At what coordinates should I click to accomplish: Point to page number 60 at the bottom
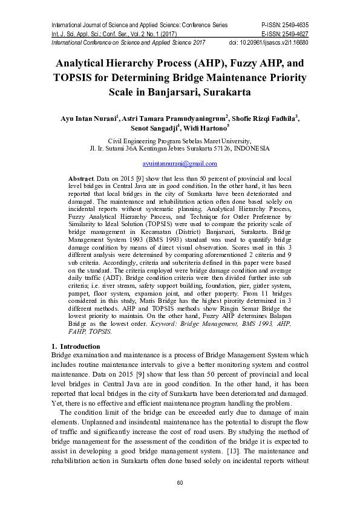coord(180,482)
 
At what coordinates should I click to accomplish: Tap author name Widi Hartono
coord(207,129)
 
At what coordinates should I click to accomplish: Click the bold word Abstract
coord(81,180)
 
